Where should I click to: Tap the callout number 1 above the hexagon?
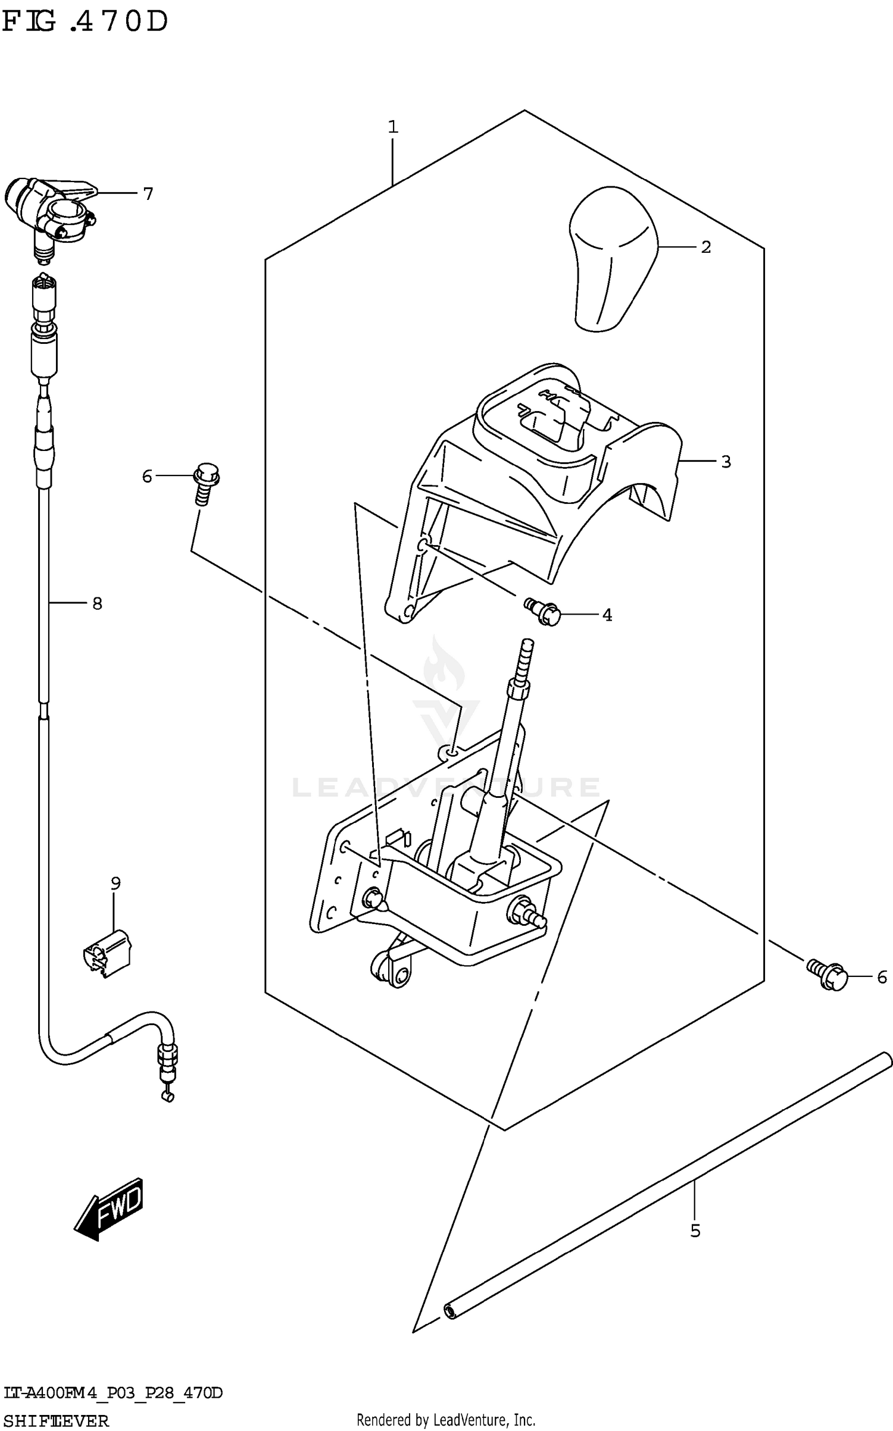[x=393, y=127]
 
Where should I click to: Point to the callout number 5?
[x=695, y=1230]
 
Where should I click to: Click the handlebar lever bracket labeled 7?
[x=51, y=211]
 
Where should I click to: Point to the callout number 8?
[x=97, y=603]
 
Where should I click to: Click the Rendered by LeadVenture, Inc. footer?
[x=446, y=1420]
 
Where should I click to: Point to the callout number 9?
[x=115, y=883]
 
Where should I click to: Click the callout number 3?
[x=726, y=461]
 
